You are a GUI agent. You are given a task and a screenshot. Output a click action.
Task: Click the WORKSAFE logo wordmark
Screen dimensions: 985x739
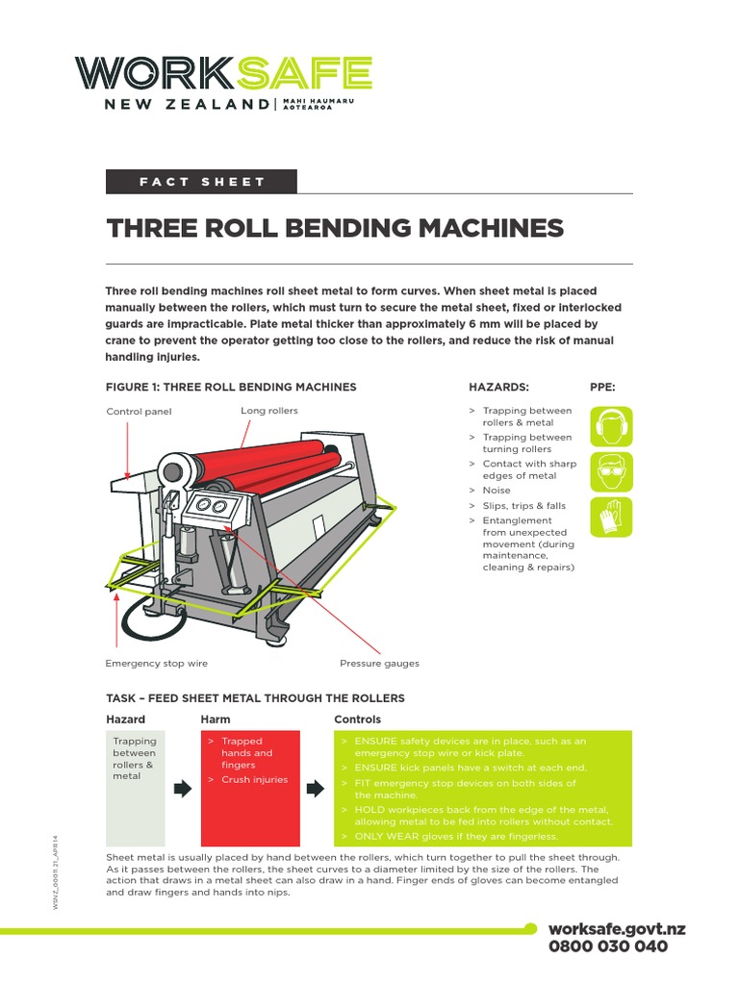point(223,73)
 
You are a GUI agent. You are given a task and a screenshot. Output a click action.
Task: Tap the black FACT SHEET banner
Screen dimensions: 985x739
point(201,182)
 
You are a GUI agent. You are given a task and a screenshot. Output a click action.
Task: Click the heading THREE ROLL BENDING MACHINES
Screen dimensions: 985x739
point(334,228)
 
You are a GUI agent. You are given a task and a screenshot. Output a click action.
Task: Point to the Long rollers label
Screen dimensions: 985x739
point(269,411)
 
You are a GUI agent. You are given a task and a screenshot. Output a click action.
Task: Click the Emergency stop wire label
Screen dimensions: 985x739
point(156,664)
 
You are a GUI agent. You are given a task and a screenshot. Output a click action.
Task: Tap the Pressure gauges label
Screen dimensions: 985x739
point(379,664)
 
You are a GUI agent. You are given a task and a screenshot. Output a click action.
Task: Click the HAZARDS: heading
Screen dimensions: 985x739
point(498,387)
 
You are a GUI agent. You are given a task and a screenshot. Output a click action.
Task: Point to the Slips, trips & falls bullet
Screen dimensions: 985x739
point(523,505)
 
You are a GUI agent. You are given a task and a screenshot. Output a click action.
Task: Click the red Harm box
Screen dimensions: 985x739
point(249,787)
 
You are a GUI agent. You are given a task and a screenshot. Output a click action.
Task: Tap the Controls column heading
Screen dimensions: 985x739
point(357,720)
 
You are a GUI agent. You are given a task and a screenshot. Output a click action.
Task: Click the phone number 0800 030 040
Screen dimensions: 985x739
point(606,946)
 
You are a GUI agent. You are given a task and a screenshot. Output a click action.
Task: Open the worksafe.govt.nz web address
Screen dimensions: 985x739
point(616,928)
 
